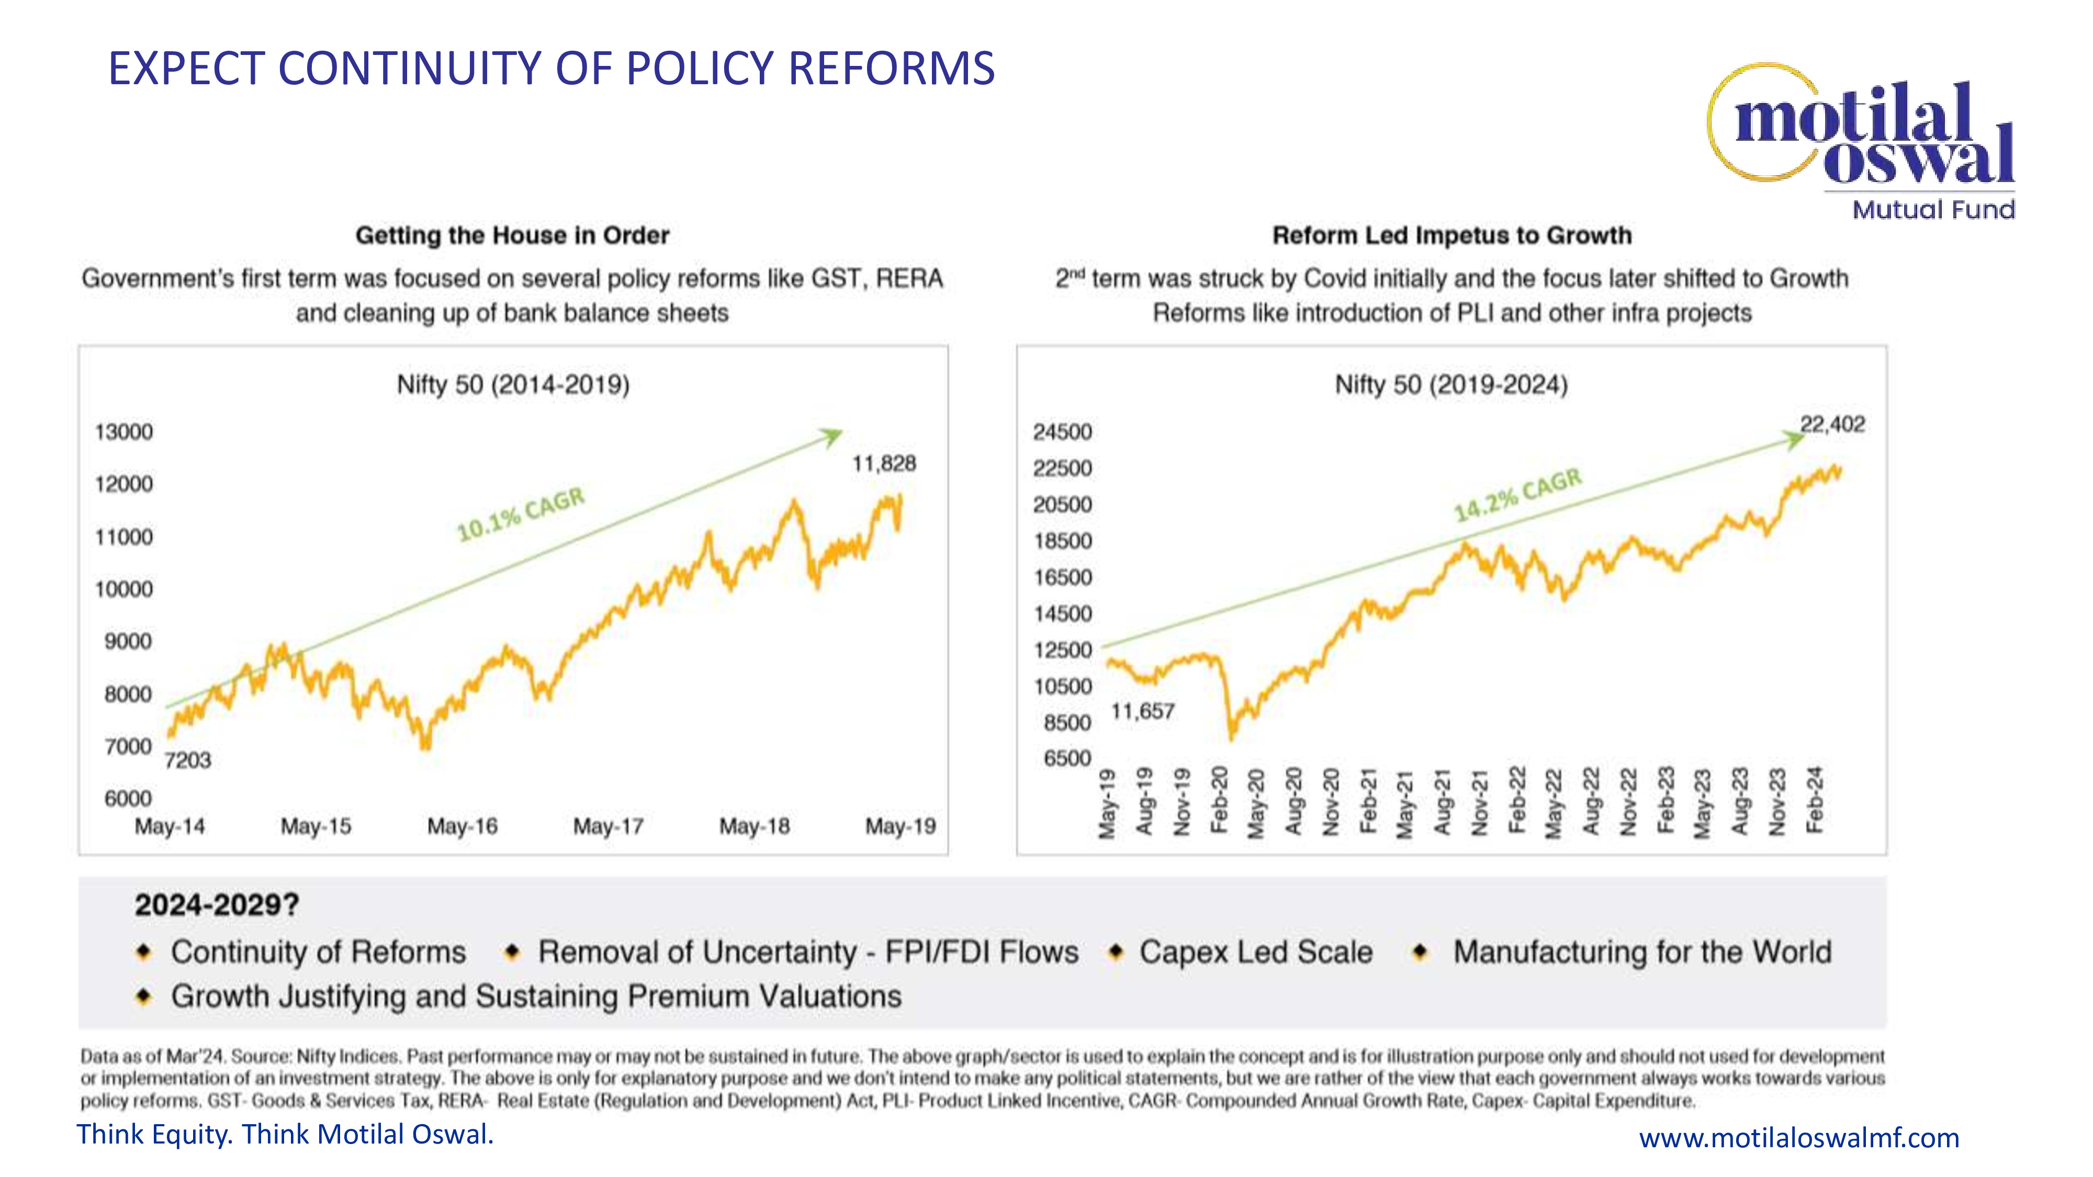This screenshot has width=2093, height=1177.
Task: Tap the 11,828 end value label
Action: click(x=883, y=464)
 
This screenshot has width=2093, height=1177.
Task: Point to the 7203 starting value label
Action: click(x=188, y=760)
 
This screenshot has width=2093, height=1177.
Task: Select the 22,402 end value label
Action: click(x=1832, y=424)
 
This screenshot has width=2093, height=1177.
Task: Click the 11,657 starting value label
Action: click(x=1142, y=711)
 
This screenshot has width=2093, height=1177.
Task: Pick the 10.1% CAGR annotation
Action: click(x=521, y=514)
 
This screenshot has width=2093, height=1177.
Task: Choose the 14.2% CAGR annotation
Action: click(x=1518, y=495)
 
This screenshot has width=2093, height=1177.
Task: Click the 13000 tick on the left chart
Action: click(x=123, y=432)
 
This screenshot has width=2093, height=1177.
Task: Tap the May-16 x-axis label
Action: click(x=462, y=827)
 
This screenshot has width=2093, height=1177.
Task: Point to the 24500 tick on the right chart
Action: click(x=1062, y=432)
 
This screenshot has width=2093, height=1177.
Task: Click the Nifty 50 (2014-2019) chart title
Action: click(x=513, y=385)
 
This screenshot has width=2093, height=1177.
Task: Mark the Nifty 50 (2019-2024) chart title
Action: click(x=1451, y=385)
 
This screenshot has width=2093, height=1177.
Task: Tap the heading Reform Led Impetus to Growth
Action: click(x=1451, y=235)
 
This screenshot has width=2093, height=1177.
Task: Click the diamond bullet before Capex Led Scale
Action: click(x=1116, y=952)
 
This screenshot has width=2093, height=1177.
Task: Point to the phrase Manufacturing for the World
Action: click(x=1642, y=952)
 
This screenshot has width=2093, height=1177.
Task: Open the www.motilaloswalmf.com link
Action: click(x=1798, y=1138)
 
